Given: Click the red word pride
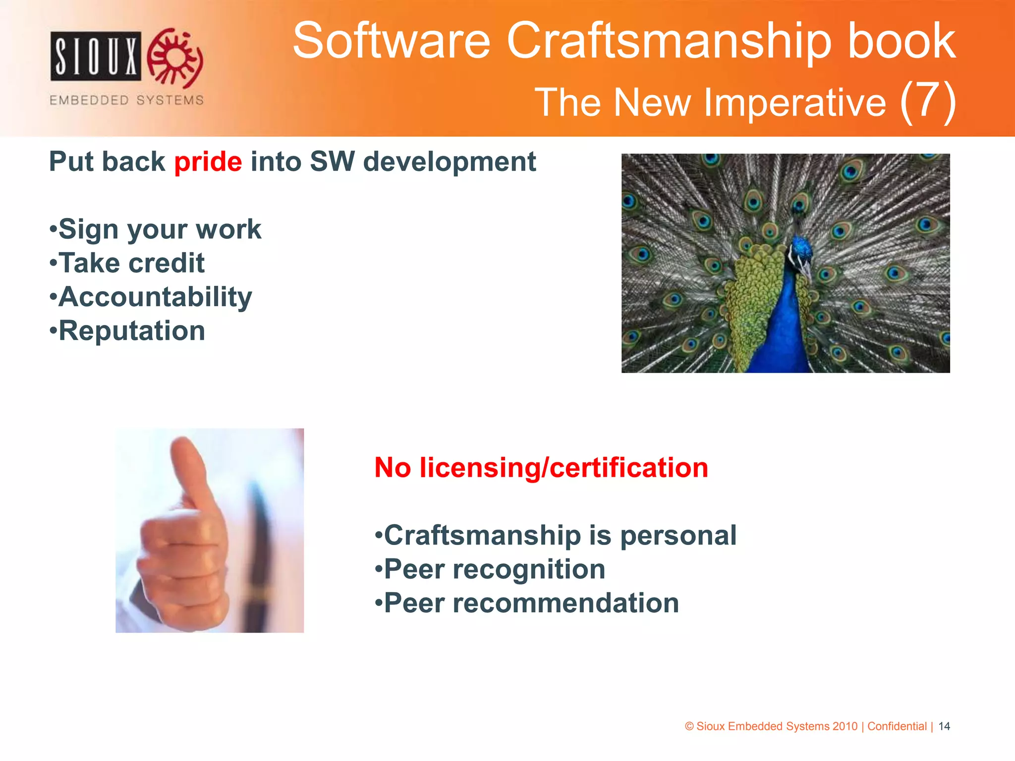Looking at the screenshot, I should pos(208,163).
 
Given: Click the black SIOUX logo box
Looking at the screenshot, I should pos(96,56).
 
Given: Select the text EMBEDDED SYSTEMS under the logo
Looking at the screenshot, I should pos(126,100).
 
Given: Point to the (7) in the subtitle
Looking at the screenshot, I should pos(927,102).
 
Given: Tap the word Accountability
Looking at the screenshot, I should pos(155,297).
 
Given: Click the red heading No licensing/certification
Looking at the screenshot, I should pos(541,468).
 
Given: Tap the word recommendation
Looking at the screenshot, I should pos(565,603).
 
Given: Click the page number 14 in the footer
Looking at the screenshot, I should pos(944,726).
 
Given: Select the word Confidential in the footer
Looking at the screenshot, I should pos(897,726).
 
